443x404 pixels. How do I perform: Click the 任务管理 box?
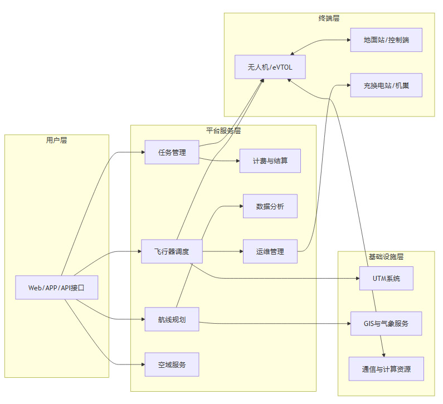(x=172, y=152)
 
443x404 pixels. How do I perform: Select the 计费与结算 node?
(x=270, y=161)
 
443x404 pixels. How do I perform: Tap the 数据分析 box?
(x=270, y=206)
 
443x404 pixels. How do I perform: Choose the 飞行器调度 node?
(x=172, y=251)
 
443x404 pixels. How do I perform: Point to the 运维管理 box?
(x=270, y=251)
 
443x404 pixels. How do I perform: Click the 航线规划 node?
(x=172, y=319)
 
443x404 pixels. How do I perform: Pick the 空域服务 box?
(x=172, y=364)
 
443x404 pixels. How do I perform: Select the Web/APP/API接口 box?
(x=56, y=288)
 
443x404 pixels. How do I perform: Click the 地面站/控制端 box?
(x=386, y=40)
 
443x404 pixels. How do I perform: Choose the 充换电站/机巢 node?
(x=386, y=85)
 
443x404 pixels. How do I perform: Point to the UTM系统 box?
(x=386, y=278)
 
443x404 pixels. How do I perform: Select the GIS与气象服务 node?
(x=386, y=323)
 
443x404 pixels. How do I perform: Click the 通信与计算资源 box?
(x=386, y=368)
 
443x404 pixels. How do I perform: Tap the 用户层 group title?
(x=56, y=140)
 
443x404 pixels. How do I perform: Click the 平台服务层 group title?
(x=223, y=131)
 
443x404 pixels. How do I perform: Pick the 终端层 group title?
(x=329, y=18)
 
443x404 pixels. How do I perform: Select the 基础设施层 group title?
(x=386, y=257)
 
